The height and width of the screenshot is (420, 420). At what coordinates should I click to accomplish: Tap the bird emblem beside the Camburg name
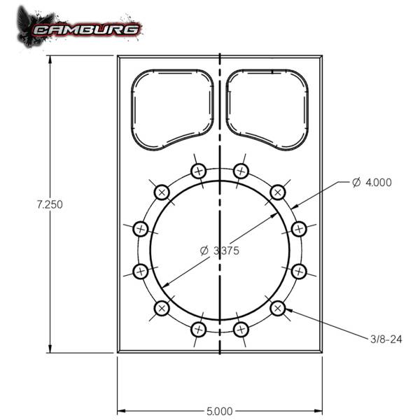point(31,27)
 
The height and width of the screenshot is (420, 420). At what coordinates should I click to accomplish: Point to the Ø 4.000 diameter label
point(372,183)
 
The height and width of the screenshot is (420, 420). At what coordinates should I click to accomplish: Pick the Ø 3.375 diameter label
point(220,251)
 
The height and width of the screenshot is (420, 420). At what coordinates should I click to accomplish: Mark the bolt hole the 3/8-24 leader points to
point(277,307)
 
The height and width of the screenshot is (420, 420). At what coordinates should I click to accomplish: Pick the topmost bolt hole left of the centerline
point(198,170)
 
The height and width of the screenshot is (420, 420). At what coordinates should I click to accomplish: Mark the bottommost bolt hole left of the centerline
point(198,328)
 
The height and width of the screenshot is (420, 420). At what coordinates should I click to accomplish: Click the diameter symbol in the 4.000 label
point(356,183)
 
